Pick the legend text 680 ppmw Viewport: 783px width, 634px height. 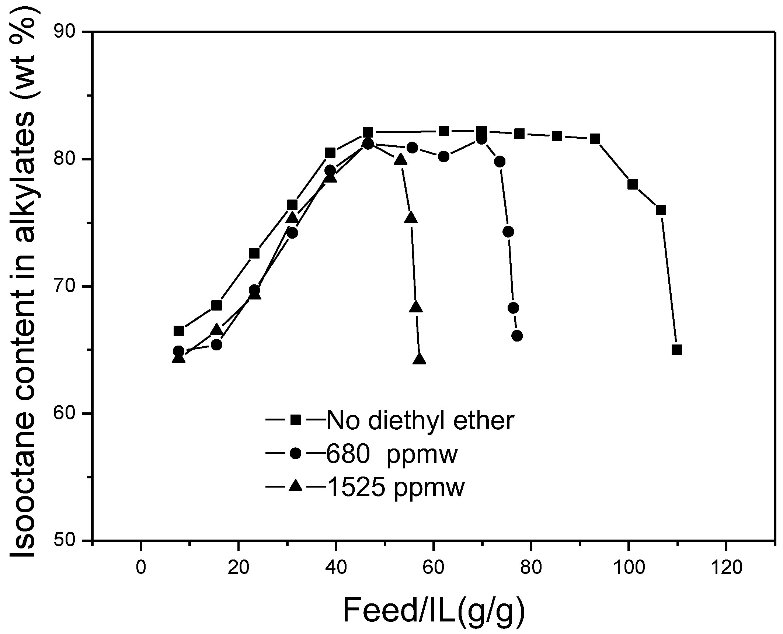[x=391, y=454]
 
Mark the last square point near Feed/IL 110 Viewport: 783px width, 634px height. [x=676, y=350]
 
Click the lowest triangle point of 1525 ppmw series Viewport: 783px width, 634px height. [x=420, y=359]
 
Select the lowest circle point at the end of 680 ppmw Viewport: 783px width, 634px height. [x=517, y=336]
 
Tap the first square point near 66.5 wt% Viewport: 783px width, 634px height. [x=179, y=331]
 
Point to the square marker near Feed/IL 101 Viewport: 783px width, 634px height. [x=633, y=184]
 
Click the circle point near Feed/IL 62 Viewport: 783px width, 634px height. [x=444, y=156]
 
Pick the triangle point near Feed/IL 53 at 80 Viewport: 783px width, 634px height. [x=400, y=160]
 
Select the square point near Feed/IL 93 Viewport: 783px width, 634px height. [x=595, y=139]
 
